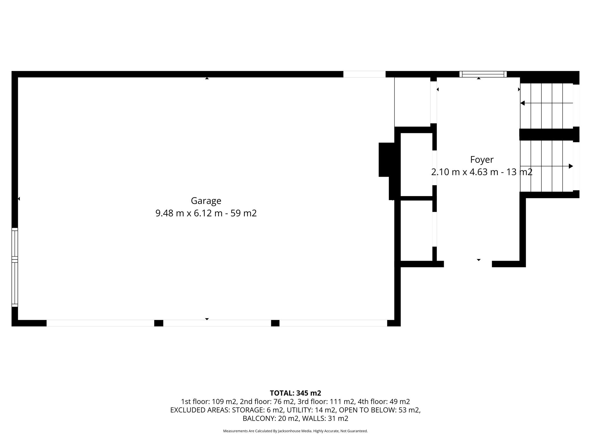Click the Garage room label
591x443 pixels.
pyautogui.click(x=206, y=201)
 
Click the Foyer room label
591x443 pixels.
pyautogui.click(x=482, y=159)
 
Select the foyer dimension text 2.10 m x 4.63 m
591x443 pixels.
pyautogui.click(x=465, y=172)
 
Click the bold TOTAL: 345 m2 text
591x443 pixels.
pyautogui.click(x=295, y=393)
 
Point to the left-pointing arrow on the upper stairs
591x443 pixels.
pyautogui.click(x=523, y=103)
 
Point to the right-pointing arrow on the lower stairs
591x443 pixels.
pyautogui.click(x=571, y=166)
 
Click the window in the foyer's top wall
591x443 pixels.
pyautogui.click(x=483, y=74)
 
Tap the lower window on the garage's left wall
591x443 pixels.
pyautogui.click(x=15, y=284)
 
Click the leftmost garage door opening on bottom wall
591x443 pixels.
pyautogui.click(x=100, y=323)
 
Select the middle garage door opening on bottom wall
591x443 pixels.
pyautogui.click(x=217, y=323)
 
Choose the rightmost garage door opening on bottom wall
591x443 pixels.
pyautogui.click(x=333, y=323)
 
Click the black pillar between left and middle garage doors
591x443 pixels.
pyautogui.click(x=159, y=323)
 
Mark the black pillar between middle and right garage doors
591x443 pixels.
pyautogui.click(x=275, y=323)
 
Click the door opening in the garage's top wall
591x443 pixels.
pyautogui.click(x=364, y=74)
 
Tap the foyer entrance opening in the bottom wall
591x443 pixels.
pyautogui.click(x=467, y=264)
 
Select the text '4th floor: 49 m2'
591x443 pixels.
pyautogui.click(x=384, y=401)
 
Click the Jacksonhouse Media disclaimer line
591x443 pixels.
pyautogui.click(x=295, y=431)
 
